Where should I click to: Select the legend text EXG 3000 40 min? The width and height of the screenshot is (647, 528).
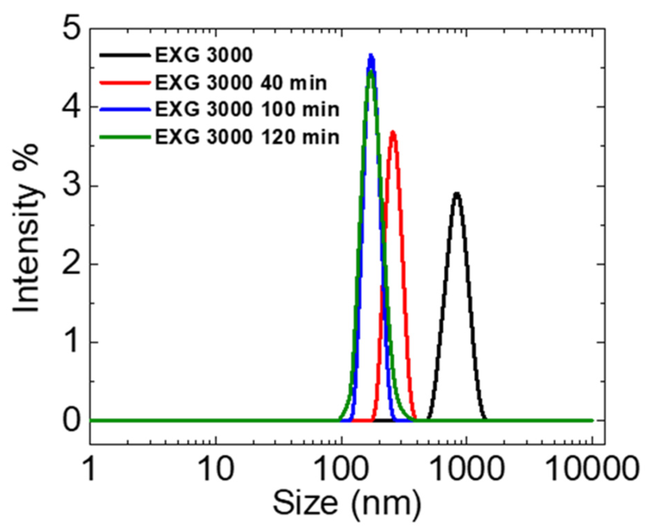241,83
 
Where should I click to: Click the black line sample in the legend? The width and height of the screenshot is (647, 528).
125,55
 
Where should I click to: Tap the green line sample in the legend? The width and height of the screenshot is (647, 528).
125,137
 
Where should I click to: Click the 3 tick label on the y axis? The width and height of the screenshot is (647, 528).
72,186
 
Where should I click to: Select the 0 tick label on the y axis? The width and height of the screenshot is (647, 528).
72,421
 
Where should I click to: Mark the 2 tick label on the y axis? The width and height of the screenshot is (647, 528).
72,264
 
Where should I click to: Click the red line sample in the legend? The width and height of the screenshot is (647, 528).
125,83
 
